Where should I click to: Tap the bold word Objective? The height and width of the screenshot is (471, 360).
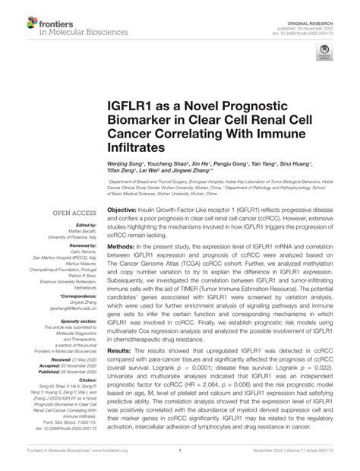[x=122, y=208]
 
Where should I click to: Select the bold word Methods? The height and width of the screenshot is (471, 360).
[x=120, y=248]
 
